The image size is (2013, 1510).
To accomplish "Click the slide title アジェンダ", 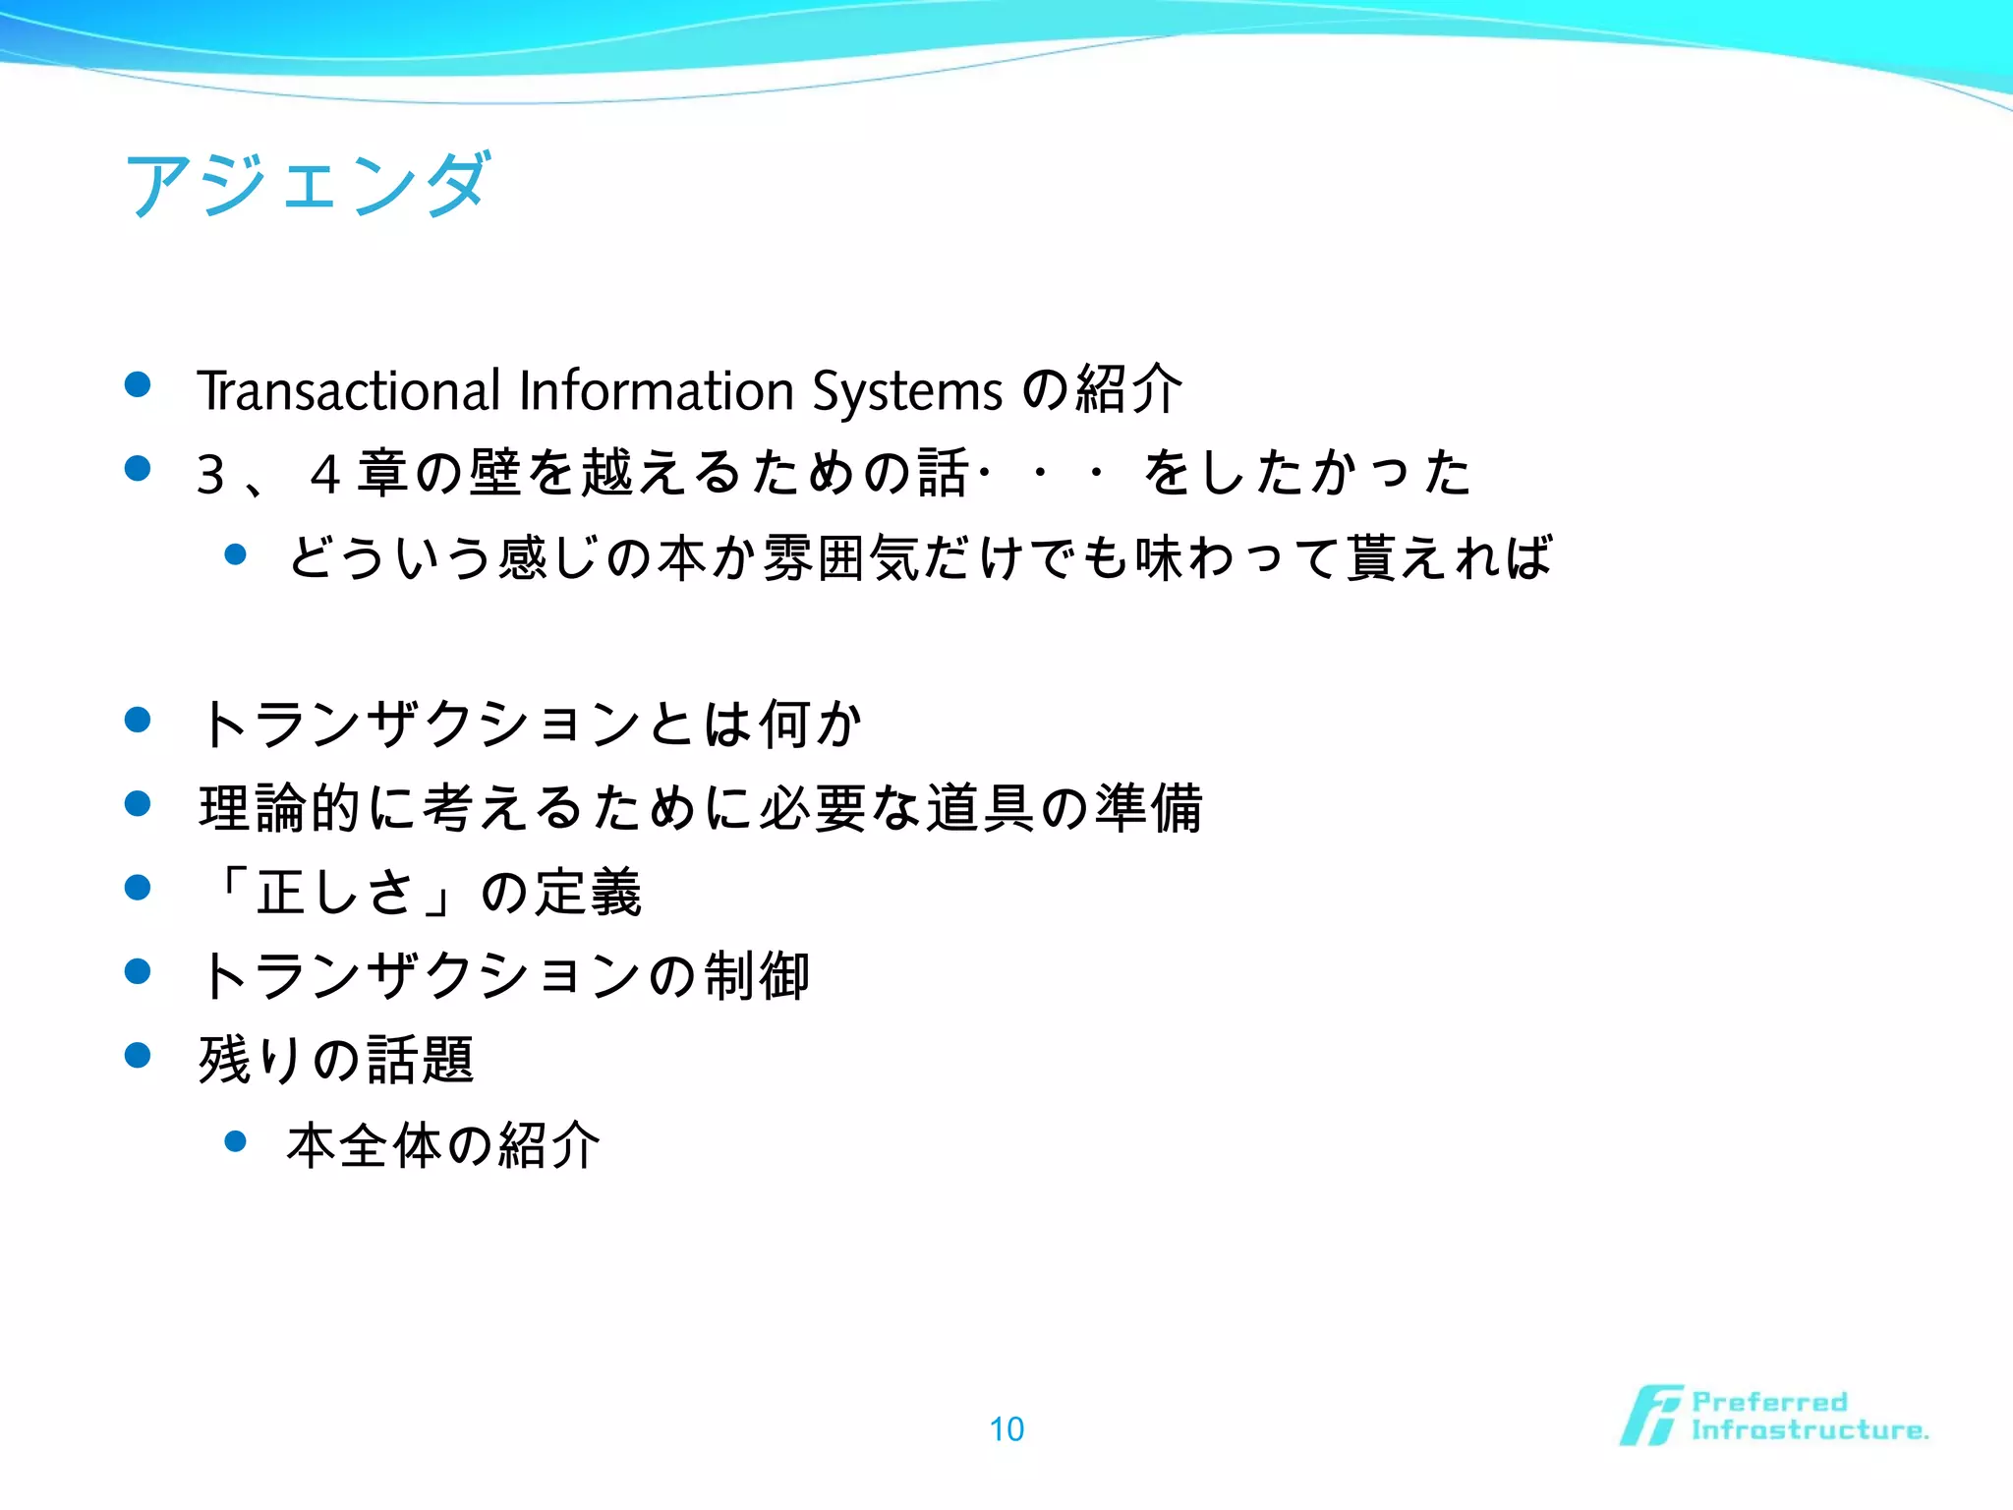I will click(307, 184).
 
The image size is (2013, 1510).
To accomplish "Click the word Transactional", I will click(349, 390).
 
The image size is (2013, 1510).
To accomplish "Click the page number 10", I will click(1006, 1428).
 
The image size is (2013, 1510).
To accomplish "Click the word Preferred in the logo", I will click(1769, 1401).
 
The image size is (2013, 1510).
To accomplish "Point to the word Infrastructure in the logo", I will click(1809, 1429).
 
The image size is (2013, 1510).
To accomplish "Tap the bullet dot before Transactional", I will click(138, 384).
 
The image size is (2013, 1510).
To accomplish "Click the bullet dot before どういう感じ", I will click(235, 554).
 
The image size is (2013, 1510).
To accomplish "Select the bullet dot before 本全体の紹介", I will click(235, 1140).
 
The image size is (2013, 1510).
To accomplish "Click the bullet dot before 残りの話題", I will click(138, 1056).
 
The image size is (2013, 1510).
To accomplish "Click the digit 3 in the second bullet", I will click(211, 474).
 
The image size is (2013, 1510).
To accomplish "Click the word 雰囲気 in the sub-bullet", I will click(842, 557).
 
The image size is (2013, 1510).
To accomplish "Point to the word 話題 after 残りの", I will click(421, 1060).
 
